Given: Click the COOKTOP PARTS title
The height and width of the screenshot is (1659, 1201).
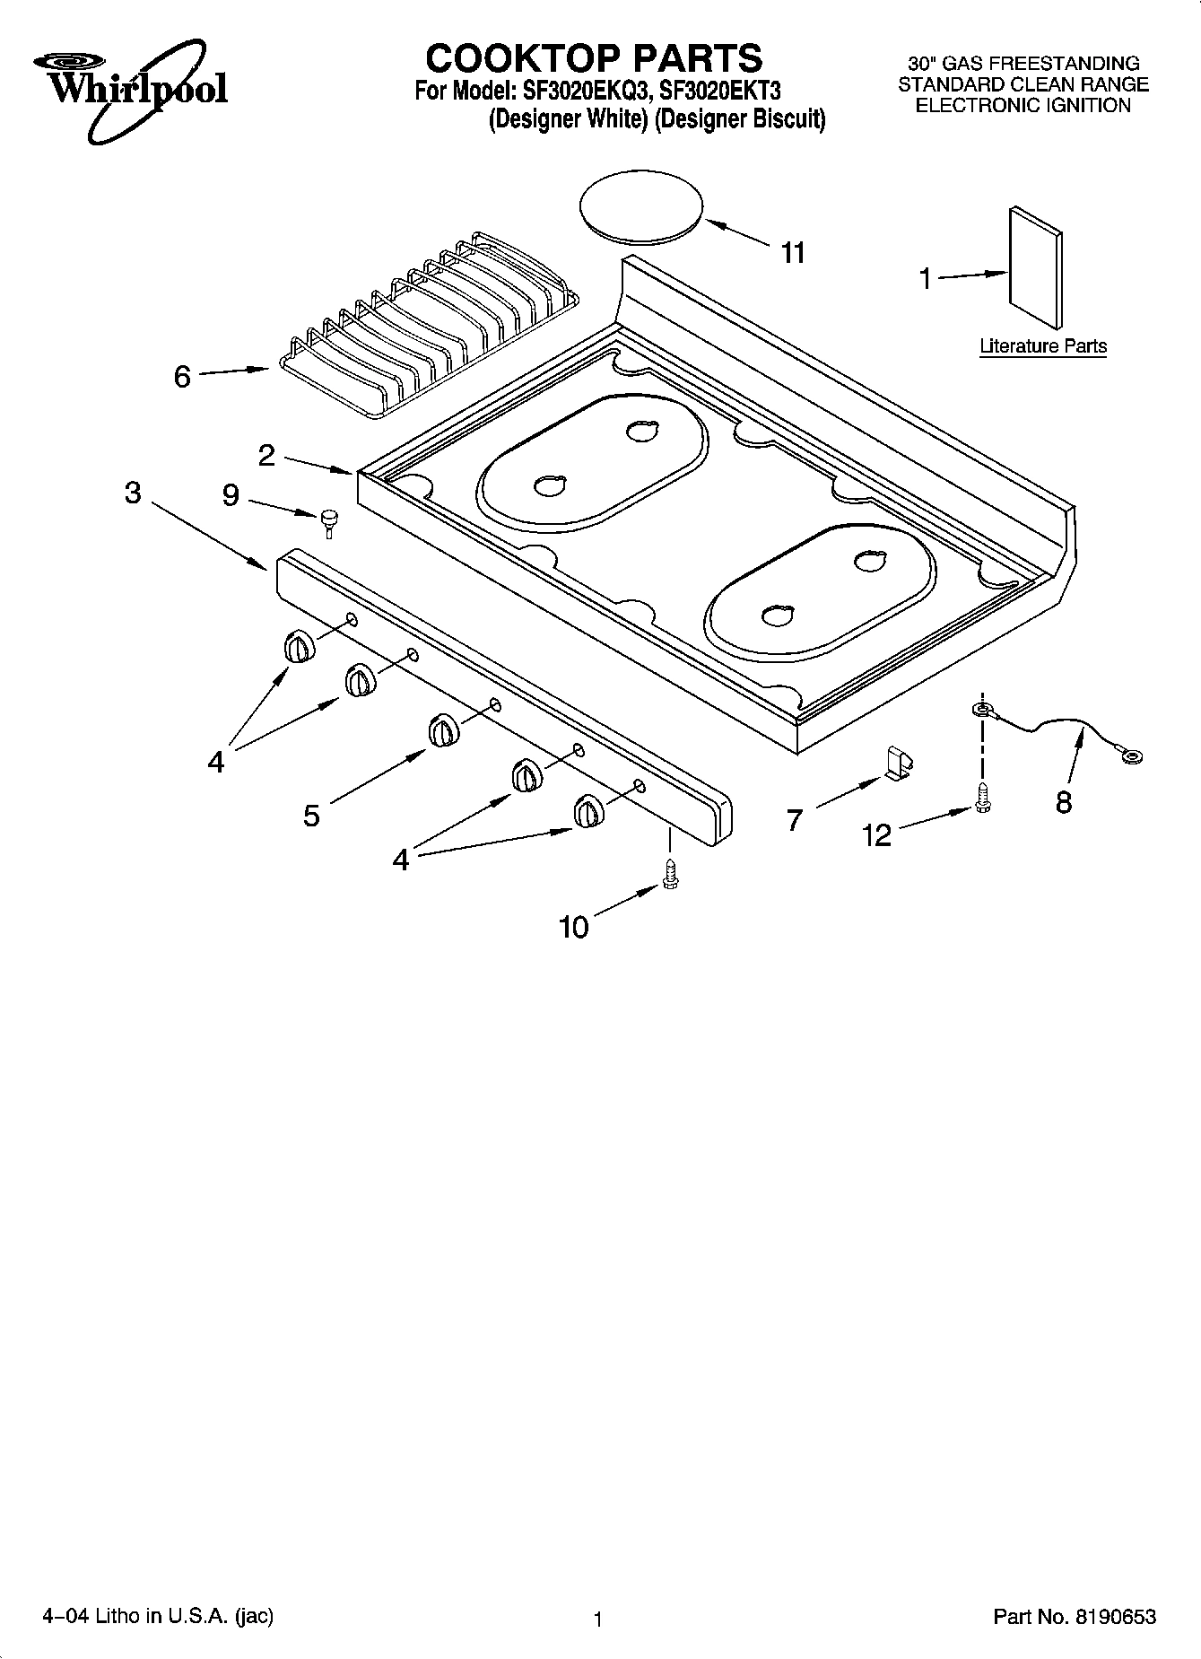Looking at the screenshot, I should [594, 58].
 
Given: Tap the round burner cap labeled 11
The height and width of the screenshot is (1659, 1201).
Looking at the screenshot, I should [640, 207].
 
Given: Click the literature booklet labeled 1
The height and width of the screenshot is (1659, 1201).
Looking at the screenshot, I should [1036, 268].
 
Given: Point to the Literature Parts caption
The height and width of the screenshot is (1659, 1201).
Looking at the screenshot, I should [1042, 346].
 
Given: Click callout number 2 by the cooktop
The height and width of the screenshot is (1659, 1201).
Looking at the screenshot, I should [266, 456].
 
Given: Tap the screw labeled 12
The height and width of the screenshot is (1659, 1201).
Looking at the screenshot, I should [982, 798].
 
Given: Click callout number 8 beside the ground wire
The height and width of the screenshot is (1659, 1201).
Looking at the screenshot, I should [1064, 801].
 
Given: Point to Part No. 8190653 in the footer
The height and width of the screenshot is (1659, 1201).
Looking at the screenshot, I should [1074, 1617].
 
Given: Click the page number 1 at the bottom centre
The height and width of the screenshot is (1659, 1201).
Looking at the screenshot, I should [597, 1620].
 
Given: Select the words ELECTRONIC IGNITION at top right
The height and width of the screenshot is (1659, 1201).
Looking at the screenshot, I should [1023, 106].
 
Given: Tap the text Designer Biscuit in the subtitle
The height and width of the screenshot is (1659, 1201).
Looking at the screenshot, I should [740, 119].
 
